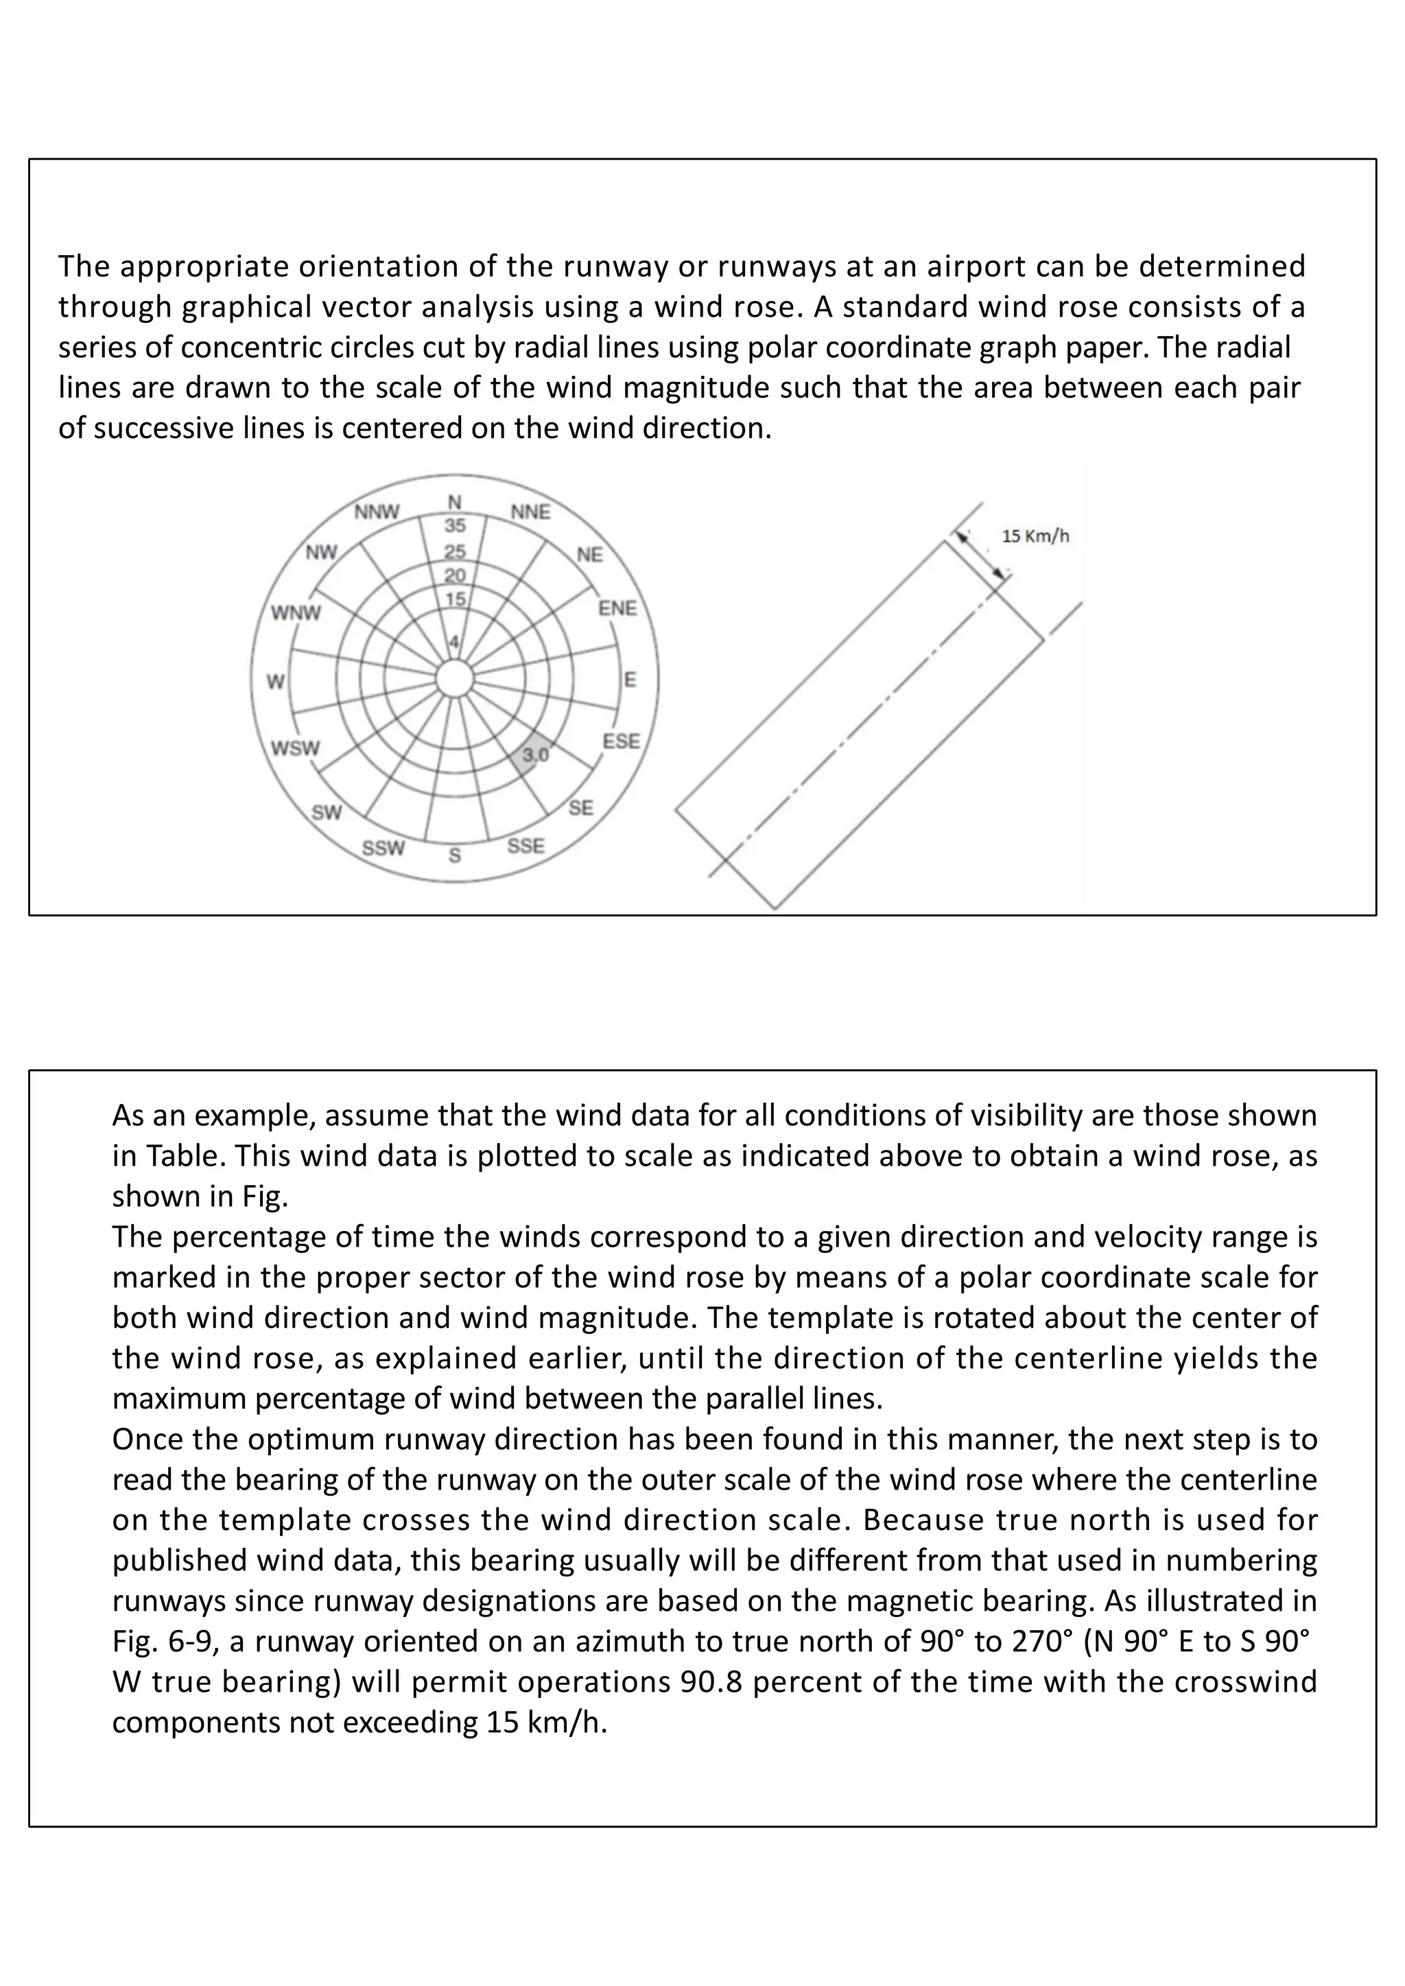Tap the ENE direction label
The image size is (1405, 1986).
point(617,608)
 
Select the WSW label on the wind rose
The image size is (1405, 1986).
point(295,748)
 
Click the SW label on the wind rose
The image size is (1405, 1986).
point(327,812)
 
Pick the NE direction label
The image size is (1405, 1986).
point(589,555)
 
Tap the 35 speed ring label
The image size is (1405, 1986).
point(455,525)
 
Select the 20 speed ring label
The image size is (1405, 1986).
point(455,575)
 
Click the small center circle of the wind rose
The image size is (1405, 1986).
point(454,679)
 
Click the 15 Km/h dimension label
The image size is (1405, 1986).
point(1036,536)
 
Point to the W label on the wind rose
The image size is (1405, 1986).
point(275,682)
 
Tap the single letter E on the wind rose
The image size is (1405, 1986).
point(630,680)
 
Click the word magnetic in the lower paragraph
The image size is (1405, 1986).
point(906,1600)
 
